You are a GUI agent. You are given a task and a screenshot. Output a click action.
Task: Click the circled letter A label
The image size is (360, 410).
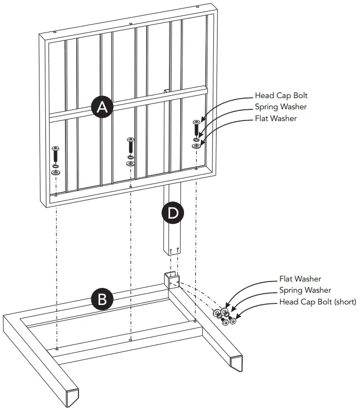tap(102, 107)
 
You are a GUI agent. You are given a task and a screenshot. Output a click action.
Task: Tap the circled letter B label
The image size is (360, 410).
tap(102, 299)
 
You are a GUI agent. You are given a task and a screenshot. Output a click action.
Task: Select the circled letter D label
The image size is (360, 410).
tap(172, 213)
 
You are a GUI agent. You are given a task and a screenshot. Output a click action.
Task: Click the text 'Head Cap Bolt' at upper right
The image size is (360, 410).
tap(281, 95)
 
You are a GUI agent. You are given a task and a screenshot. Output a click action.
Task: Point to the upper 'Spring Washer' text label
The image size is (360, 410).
tap(281, 107)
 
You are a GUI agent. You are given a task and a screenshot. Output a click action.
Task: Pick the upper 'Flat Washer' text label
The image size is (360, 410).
tap(276, 118)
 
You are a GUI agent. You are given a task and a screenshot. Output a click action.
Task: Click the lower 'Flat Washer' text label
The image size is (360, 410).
tap(300, 279)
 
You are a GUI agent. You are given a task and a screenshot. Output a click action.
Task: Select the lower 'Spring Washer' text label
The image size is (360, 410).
tap(305, 291)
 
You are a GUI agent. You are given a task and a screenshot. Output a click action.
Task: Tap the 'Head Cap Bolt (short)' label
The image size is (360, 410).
tap(317, 302)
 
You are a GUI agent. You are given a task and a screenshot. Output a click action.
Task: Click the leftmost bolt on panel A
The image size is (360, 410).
tap(55, 155)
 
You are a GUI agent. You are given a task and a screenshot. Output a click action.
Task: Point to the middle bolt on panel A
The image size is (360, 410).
tap(130, 146)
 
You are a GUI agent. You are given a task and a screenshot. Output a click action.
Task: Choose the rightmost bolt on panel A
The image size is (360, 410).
tap(197, 128)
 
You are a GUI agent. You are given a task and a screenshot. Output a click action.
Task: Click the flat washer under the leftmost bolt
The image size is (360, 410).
tap(55, 173)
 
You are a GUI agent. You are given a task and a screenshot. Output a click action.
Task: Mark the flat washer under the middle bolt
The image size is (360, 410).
tap(130, 164)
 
